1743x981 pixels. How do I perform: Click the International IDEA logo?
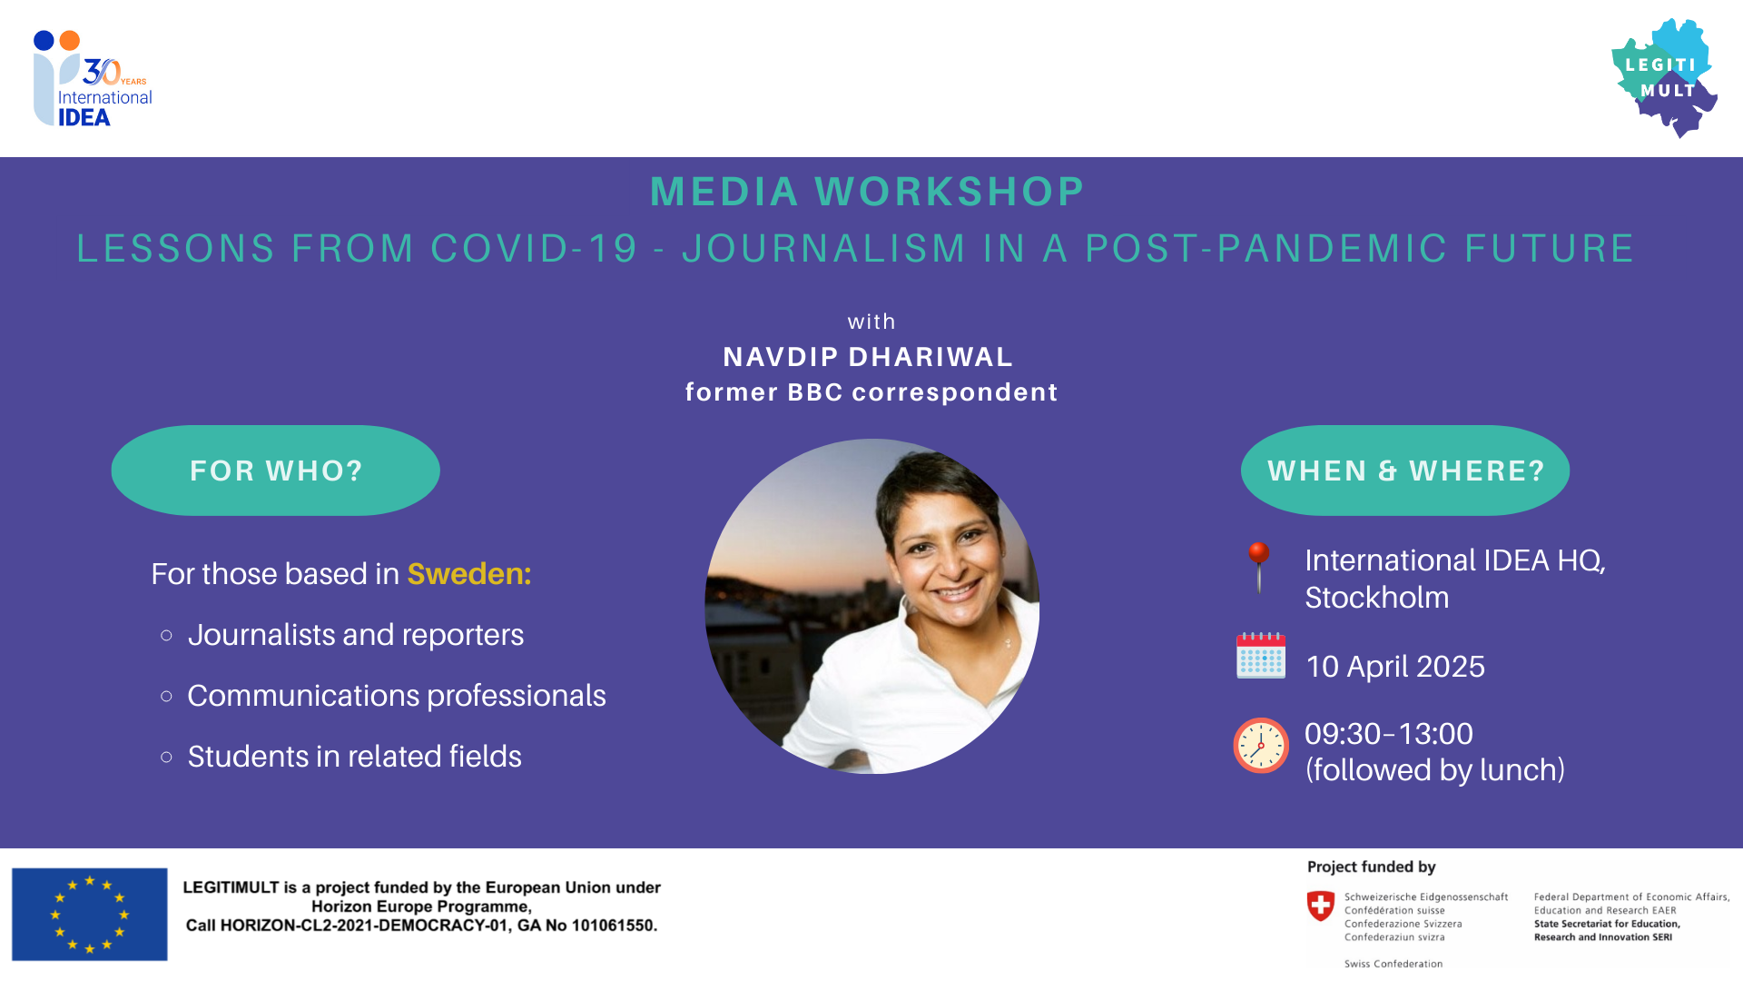[91, 79]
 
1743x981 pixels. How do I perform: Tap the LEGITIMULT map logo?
[1664, 77]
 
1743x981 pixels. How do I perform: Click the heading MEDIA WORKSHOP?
[867, 192]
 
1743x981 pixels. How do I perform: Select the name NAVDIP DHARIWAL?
[868, 357]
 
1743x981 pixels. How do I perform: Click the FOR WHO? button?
[276, 471]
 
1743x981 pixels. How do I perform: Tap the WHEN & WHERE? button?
[1405, 471]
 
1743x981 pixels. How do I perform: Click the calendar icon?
[1261, 655]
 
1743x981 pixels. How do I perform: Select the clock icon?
[1261, 746]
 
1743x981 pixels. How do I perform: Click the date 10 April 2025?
[1395, 667]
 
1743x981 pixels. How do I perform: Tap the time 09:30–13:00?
[1389, 734]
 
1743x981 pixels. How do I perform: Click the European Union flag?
[90, 914]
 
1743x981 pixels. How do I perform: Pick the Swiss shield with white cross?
[1321, 906]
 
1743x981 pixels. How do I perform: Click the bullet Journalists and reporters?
[356, 635]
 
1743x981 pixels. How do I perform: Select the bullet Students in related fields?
[355, 757]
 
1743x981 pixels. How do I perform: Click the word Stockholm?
[1377, 598]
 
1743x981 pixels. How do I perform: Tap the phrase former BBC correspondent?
[871, 392]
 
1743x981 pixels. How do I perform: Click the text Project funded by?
[1372, 867]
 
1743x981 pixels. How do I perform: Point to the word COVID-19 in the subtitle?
[535, 248]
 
